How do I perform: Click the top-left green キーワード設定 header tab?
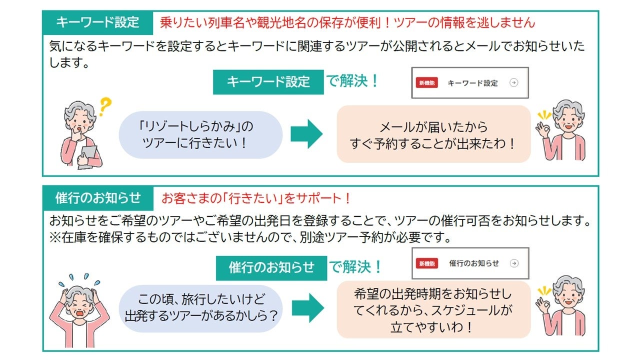[x=97, y=22]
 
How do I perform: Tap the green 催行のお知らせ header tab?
[x=98, y=198]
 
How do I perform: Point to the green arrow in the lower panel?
[x=307, y=307]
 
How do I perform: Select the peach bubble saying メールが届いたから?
[x=433, y=134]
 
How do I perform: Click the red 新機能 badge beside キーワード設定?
[x=426, y=83]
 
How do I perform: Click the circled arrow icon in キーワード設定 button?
[x=513, y=83]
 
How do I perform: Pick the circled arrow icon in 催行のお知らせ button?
[x=514, y=263]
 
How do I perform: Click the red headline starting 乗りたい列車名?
[x=347, y=22]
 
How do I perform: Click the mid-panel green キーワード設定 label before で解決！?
[x=268, y=82]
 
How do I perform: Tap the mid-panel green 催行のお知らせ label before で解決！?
[x=271, y=267]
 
